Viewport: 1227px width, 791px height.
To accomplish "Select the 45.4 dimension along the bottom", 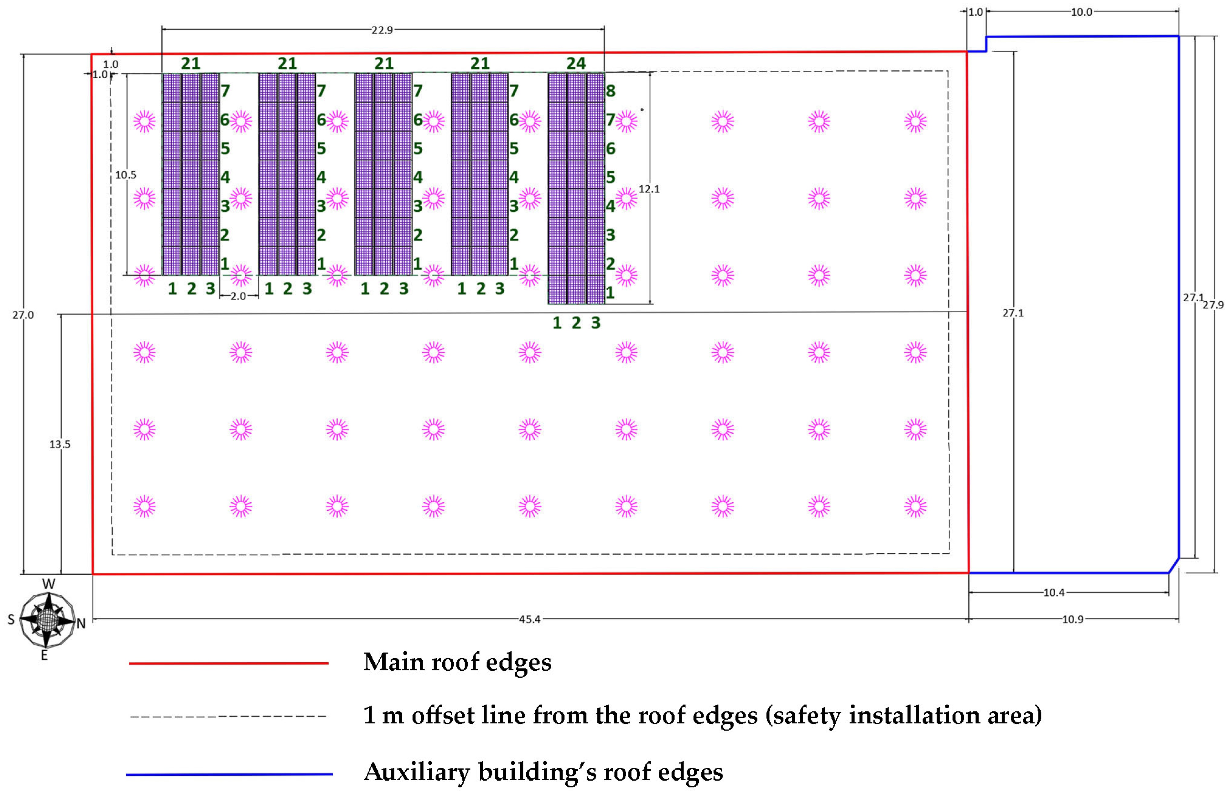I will point(529,619).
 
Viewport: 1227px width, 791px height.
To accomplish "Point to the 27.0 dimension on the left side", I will point(23,315).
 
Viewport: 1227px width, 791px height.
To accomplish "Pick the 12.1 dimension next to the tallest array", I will point(649,189).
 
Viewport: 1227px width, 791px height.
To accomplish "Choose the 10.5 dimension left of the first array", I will point(125,175).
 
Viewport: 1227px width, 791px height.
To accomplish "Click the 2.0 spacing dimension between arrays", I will point(238,296).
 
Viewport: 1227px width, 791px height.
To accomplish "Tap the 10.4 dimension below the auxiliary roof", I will point(1054,593).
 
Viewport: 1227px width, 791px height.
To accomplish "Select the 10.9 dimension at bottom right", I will point(1073,619).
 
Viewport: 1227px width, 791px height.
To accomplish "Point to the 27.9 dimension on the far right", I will point(1213,305).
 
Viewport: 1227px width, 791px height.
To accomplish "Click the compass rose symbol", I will point(47,620).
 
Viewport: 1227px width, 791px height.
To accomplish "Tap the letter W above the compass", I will point(48,584).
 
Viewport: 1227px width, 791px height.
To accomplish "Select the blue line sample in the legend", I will point(229,774).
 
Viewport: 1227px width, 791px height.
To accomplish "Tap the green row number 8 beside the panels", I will point(611,91).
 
